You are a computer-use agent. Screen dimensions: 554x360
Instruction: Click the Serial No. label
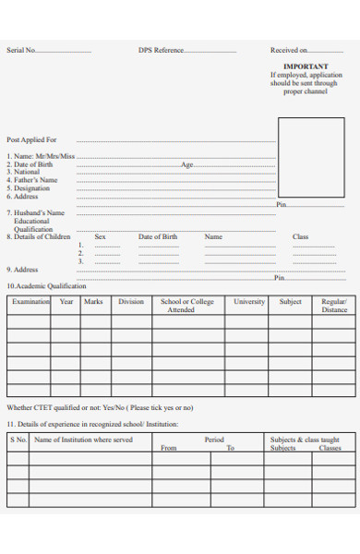21,51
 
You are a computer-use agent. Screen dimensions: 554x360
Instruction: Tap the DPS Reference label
161,51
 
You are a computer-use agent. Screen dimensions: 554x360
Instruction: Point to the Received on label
288,51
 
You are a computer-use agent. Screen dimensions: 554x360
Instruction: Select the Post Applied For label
31,139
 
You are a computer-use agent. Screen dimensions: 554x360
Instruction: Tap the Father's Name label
35,180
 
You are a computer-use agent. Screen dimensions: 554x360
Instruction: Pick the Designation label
31,188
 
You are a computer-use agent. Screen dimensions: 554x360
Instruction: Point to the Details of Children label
38,237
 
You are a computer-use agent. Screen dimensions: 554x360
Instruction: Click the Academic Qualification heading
46,286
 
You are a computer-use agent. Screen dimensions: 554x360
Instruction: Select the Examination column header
30,302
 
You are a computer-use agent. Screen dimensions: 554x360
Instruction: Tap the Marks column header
93,302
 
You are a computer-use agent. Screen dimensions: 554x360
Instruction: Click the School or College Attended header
186,306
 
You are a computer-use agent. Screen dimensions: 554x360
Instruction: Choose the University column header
249,302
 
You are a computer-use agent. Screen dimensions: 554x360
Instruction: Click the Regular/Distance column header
334,306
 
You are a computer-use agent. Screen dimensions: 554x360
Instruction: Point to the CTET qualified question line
100,407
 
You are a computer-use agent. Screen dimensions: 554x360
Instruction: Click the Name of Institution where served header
83,440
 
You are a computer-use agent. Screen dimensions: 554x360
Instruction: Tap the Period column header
214,440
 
